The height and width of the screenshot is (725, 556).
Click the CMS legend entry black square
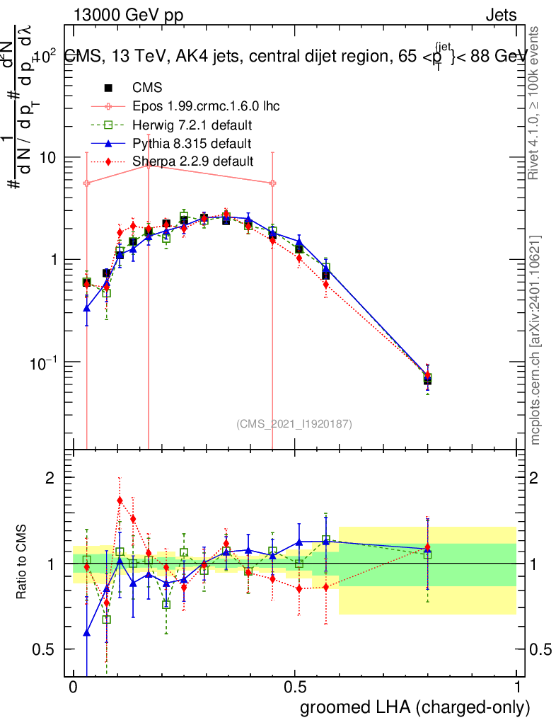pos(108,89)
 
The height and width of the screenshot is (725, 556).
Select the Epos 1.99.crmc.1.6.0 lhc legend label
pos(206,107)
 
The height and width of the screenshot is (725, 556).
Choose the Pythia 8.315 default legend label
pos(192,144)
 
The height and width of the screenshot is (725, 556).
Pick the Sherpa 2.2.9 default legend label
pos(193,162)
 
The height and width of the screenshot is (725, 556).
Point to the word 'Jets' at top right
pos(501,15)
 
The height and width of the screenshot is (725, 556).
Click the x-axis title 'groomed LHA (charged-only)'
pos(416,707)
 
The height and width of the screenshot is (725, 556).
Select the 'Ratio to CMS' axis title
pos(22,563)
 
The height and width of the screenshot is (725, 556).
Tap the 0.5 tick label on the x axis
pos(295,687)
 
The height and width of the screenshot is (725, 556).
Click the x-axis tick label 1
pos(517,687)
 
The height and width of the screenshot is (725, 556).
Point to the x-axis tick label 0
pos(73,687)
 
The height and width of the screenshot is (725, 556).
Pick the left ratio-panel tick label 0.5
pos(44,649)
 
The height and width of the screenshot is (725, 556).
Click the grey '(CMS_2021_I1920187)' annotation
pos(294,423)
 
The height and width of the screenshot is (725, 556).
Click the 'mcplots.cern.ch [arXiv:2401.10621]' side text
pos(535,340)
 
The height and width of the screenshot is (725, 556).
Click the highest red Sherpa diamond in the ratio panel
pos(120,501)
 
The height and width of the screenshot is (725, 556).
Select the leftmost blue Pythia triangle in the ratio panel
pos(86,632)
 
